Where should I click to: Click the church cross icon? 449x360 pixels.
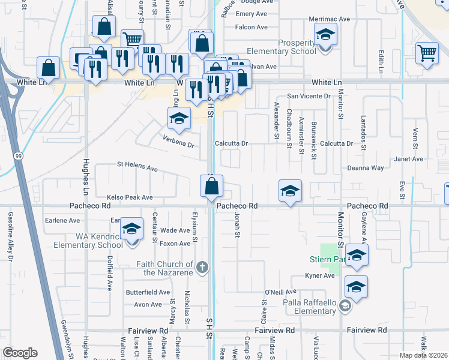pos(203,266)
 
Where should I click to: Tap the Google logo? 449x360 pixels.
pos(20,353)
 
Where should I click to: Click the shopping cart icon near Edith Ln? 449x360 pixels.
pos(426,53)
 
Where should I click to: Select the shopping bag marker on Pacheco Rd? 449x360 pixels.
pos(212,187)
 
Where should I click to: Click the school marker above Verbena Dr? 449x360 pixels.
pos(178,120)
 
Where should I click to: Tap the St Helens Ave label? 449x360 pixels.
pos(137,166)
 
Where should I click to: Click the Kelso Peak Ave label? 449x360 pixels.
pos(130,197)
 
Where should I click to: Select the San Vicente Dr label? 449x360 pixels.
pos(309,96)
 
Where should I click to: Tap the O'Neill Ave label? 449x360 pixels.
pos(278,292)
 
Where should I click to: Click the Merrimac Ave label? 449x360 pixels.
pos(329,19)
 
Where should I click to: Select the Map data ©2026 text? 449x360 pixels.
pos(423,355)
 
